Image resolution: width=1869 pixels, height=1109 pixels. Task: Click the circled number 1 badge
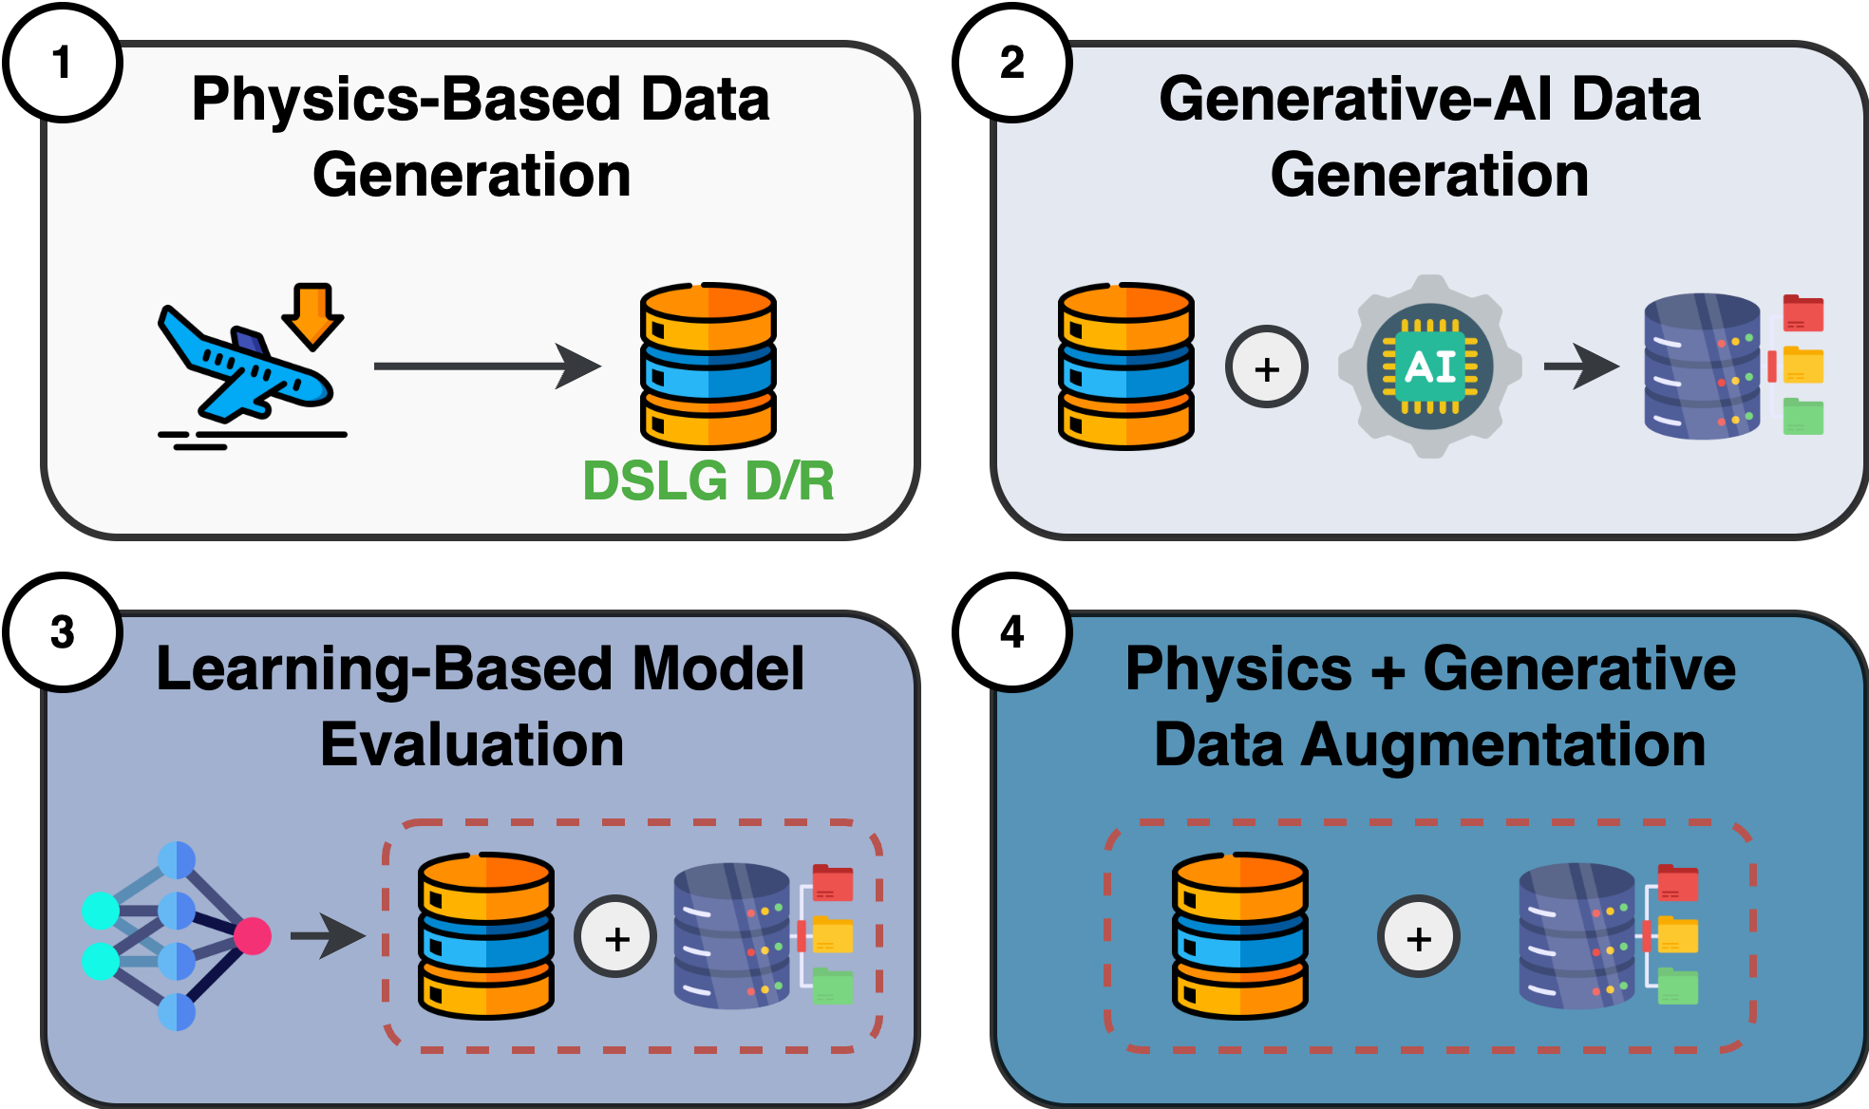pyautogui.click(x=63, y=64)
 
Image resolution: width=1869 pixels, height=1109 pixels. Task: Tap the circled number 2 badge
pyautogui.click(x=1012, y=64)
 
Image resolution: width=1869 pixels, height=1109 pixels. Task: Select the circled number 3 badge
pyautogui.click(x=63, y=632)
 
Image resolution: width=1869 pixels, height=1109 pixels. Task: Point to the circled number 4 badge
pyautogui.click(x=1012, y=632)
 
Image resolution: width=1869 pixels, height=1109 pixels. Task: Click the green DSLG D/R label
pyautogui.click(x=708, y=480)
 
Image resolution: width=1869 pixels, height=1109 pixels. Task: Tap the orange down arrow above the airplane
pyautogui.click(x=312, y=314)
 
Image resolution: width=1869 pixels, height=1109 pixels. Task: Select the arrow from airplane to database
pyautogui.click(x=486, y=366)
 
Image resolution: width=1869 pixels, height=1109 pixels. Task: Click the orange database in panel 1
pyautogui.click(x=708, y=366)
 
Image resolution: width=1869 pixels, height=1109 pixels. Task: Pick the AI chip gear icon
pyautogui.click(x=1429, y=367)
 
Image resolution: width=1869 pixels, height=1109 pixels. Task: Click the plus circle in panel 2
pyautogui.click(x=1267, y=367)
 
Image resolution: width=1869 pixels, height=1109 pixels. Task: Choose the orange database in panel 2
pyautogui.click(x=1125, y=366)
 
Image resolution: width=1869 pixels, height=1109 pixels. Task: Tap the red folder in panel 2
pyautogui.click(x=1803, y=312)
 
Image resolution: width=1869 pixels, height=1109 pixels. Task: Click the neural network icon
pyautogui.click(x=176, y=936)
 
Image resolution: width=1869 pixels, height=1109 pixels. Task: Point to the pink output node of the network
pyautogui.click(x=253, y=936)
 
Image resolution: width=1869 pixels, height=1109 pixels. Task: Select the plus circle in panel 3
pyautogui.click(x=616, y=938)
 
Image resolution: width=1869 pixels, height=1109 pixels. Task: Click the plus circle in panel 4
pyautogui.click(x=1418, y=938)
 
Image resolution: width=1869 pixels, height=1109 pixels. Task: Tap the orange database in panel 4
pyautogui.click(x=1239, y=936)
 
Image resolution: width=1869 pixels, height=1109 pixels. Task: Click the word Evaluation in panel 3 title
pyautogui.click(x=472, y=744)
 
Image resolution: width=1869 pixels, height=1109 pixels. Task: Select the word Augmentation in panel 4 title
pyautogui.click(x=1503, y=744)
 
